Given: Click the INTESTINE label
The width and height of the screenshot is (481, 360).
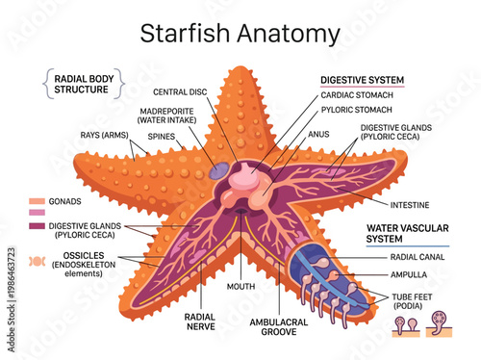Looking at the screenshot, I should tap(410, 205).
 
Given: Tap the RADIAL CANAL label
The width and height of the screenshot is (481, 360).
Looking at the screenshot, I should tap(416, 257).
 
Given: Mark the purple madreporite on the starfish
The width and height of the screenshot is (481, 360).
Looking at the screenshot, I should tap(219, 169).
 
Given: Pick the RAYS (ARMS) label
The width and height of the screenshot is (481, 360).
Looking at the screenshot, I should tap(105, 136).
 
